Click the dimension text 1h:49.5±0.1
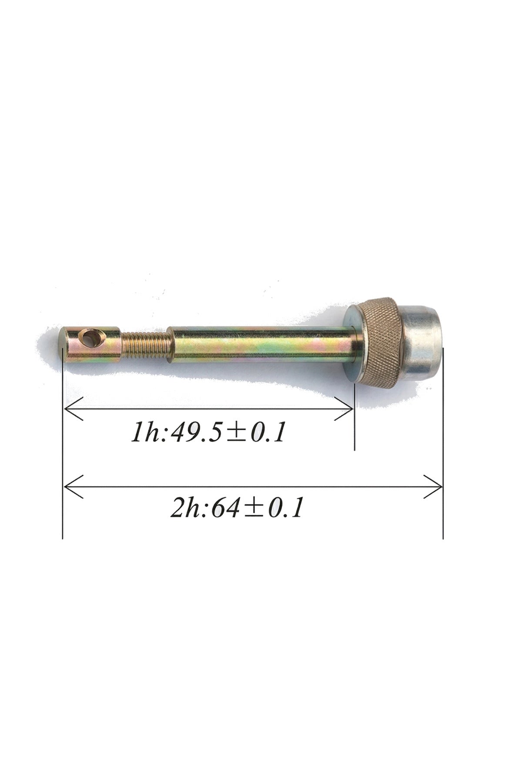(208, 433)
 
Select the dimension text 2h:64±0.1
(236, 508)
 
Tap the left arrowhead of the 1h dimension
(74, 409)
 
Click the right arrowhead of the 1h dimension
(344, 409)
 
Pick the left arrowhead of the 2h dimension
(74, 486)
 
